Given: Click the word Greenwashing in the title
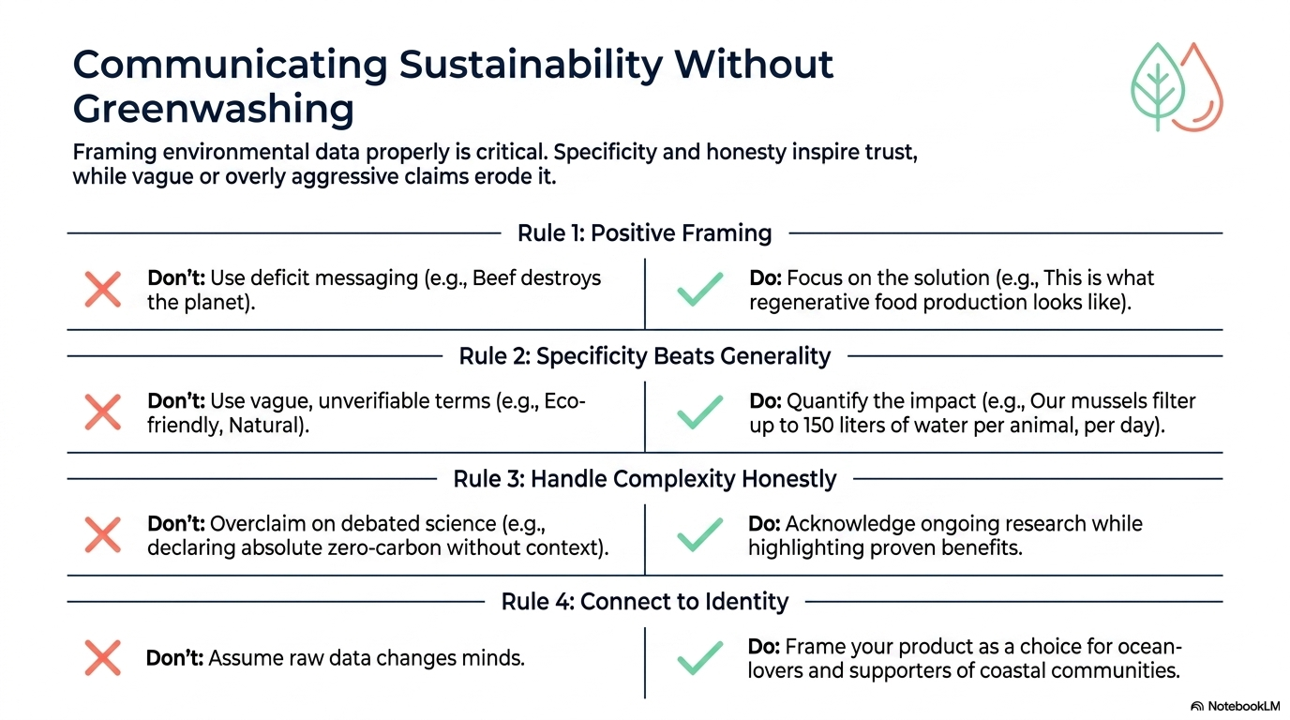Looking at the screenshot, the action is pyautogui.click(x=213, y=110).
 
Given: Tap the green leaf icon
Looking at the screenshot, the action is pyautogui.click(x=1158, y=86).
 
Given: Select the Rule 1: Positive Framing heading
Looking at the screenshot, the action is pyautogui.click(x=644, y=233).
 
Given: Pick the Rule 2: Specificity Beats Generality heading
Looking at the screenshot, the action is pyautogui.click(x=644, y=356).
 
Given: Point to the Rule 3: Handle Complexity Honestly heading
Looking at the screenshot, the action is pyautogui.click(x=644, y=479).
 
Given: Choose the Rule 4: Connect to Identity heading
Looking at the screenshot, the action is pyautogui.click(x=644, y=601).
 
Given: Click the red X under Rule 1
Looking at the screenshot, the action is pyautogui.click(x=103, y=289).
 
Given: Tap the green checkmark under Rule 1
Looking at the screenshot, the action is pyautogui.click(x=699, y=289).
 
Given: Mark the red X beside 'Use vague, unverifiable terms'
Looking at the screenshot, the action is pyautogui.click(x=103, y=412).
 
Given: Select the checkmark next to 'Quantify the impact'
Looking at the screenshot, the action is pyautogui.click(x=699, y=412).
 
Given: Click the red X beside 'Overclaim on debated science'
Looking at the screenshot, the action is pyautogui.click(x=103, y=534).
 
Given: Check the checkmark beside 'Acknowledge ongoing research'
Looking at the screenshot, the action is pyautogui.click(x=699, y=534).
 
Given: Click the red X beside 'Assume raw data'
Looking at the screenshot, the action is pyautogui.click(x=103, y=657).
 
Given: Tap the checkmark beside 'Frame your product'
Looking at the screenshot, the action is pyautogui.click(x=699, y=657).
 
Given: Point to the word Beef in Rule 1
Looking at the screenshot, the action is pyautogui.click(x=497, y=278).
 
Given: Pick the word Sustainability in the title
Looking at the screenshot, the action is pyautogui.click(x=531, y=64).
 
